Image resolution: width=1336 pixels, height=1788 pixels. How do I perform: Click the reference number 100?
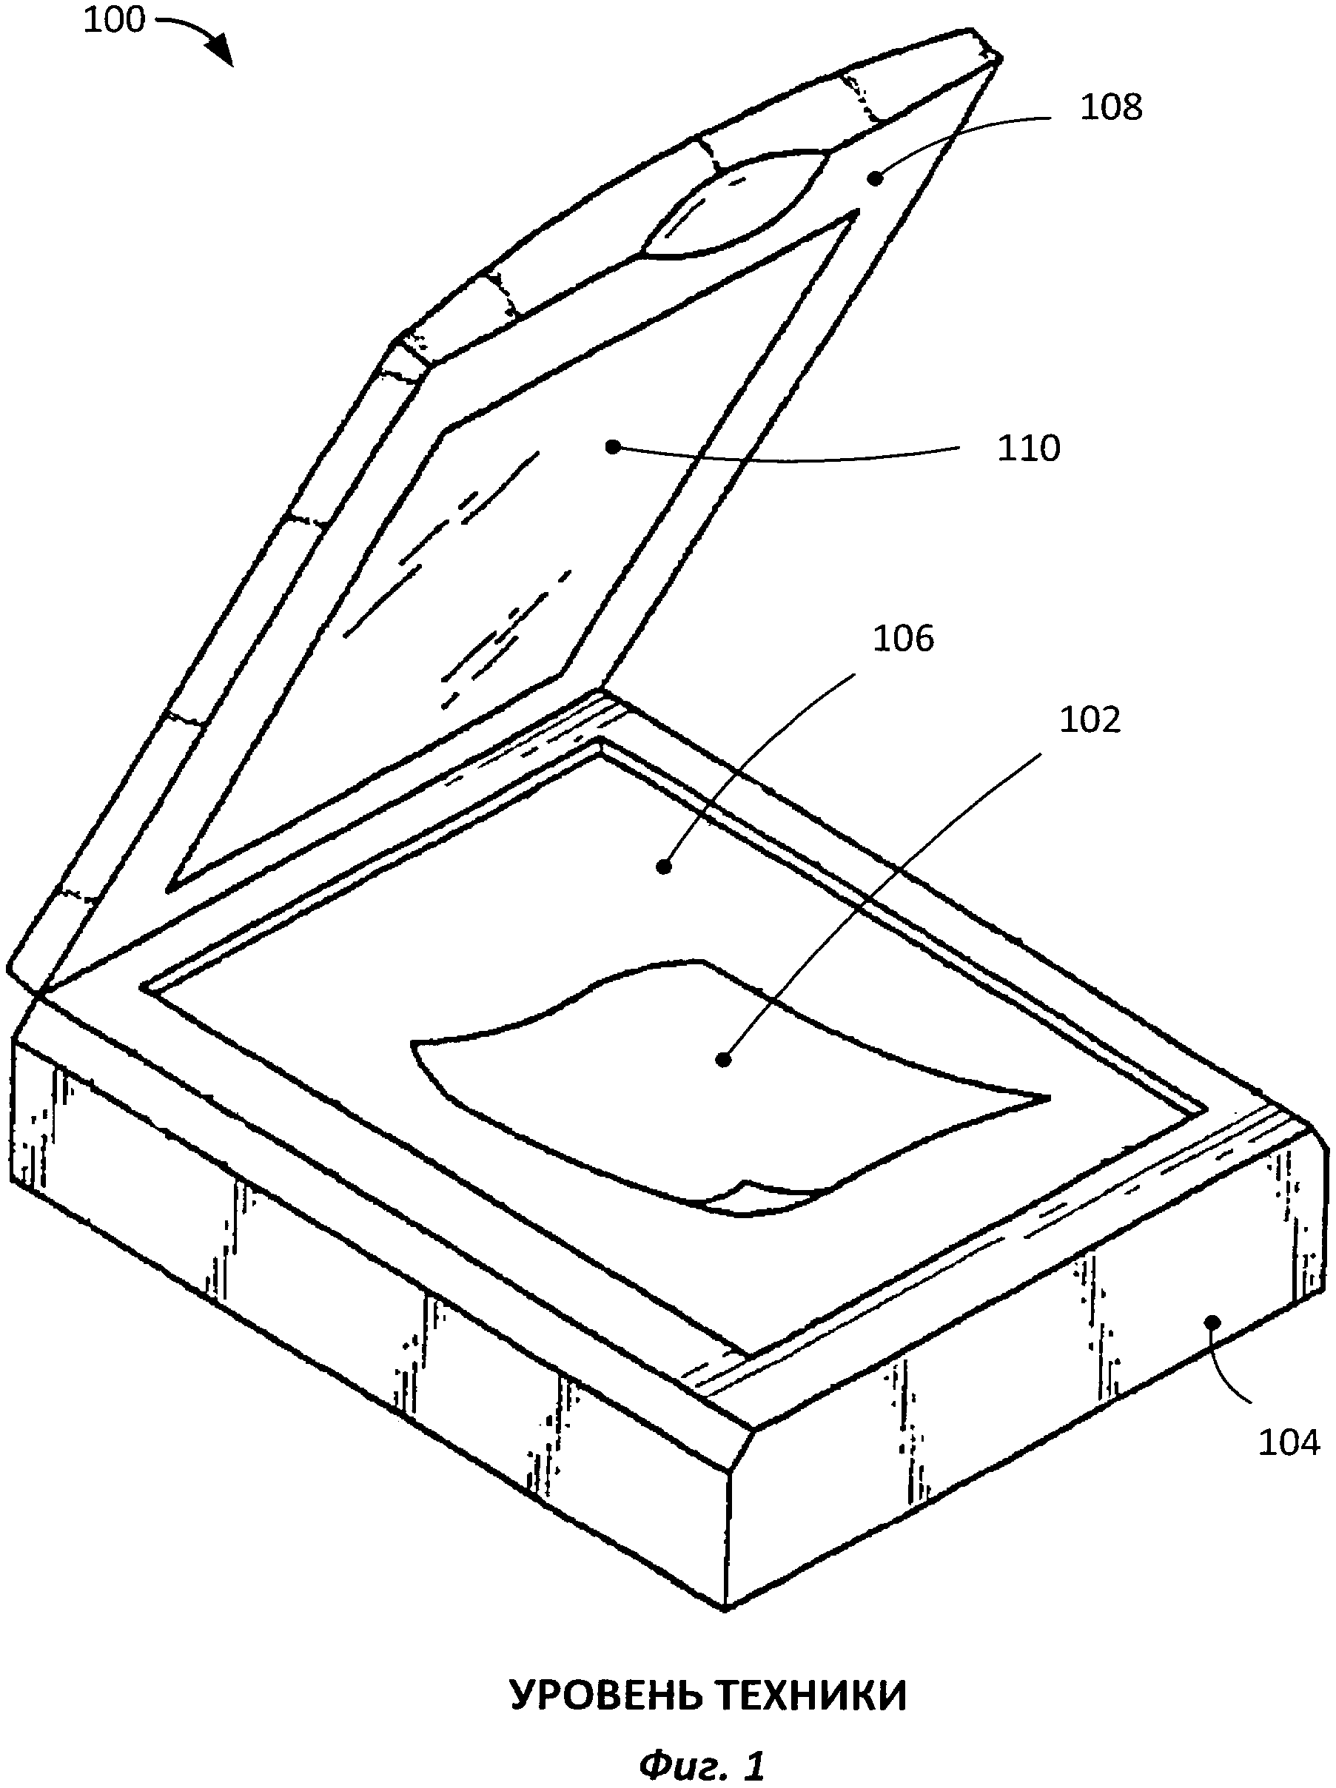[x=114, y=20]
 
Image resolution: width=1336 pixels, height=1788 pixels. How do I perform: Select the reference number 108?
[x=1111, y=107]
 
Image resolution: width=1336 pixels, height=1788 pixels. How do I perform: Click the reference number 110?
[x=1028, y=448]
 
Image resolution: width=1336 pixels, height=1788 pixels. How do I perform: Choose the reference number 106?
[x=904, y=639]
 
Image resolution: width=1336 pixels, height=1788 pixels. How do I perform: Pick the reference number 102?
[x=1090, y=720]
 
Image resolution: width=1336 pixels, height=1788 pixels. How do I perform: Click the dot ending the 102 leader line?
[x=724, y=1058]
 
